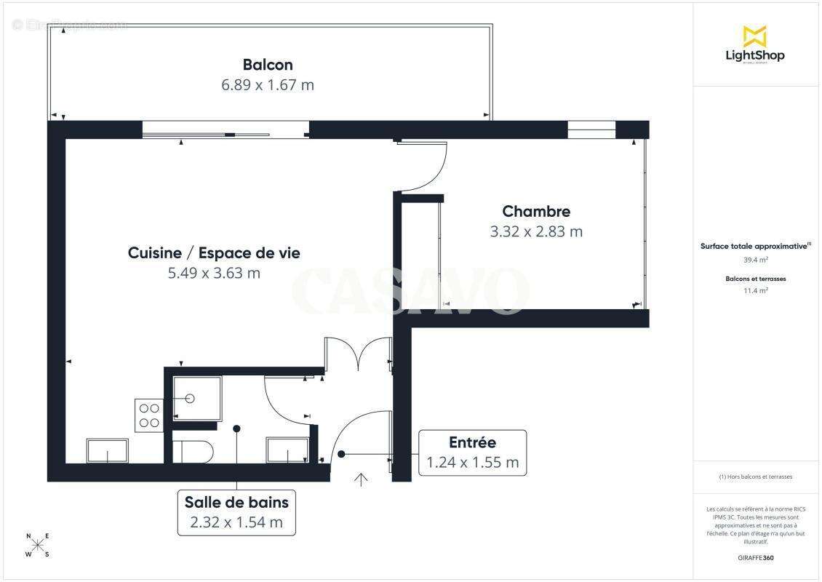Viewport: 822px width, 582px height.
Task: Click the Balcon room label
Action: point(268,65)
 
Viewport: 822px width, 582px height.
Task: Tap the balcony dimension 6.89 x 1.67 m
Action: point(268,85)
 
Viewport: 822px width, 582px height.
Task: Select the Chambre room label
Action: point(536,212)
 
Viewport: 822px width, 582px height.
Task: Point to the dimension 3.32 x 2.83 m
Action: point(536,232)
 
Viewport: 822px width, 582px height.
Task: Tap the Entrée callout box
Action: point(472,453)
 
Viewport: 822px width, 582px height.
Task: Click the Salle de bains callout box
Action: point(236,512)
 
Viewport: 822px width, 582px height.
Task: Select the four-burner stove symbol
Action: point(149,415)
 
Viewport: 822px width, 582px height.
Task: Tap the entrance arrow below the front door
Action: point(361,478)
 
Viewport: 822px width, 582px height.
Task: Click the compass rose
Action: point(38,545)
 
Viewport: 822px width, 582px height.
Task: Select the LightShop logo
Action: point(755,44)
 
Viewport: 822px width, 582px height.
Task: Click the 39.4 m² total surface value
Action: point(755,259)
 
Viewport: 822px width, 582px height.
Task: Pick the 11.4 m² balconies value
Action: point(755,290)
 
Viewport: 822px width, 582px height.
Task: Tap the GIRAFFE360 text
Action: point(755,558)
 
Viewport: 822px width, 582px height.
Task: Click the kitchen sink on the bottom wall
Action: point(108,451)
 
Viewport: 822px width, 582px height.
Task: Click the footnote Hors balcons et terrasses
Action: point(755,477)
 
